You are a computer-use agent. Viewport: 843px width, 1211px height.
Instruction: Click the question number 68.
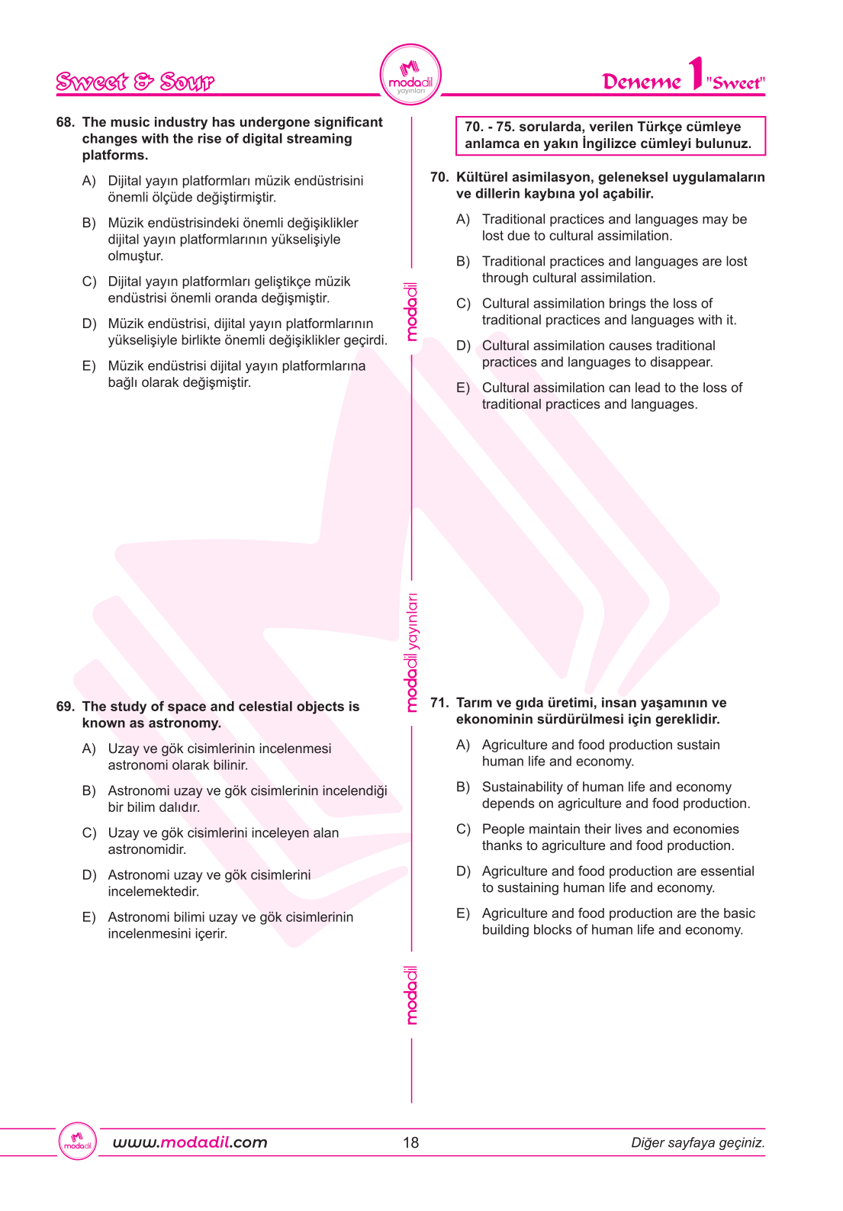click(x=65, y=122)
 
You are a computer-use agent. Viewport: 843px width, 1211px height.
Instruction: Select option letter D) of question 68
click(x=89, y=324)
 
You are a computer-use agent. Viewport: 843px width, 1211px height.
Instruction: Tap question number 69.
click(x=65, y=707)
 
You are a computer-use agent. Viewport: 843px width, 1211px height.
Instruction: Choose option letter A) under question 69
click(x=89, y=749)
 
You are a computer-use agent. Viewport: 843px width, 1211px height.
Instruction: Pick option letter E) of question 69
click(x=89, y=917)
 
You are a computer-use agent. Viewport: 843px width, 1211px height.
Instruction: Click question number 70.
click(x=439, y=177)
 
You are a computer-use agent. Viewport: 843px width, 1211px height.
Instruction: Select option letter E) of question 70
click(x=463, y=388)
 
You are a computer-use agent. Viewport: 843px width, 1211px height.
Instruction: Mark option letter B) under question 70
click(x=463, y=262)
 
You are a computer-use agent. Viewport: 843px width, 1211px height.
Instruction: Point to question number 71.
click(x=439, y=703)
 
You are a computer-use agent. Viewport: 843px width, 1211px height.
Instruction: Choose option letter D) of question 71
click(x=463, y=871)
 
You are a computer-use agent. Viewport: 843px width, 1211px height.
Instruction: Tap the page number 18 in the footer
click(x=411, y=1142)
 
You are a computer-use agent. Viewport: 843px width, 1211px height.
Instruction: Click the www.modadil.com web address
click(x=190, y=1142)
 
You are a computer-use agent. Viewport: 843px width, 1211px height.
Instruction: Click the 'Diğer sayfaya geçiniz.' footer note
click(x=697, y=1142)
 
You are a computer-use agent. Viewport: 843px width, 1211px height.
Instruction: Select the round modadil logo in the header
click(x=410, y=75)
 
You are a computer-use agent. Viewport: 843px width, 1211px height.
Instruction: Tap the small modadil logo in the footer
click(x=78, y=1142)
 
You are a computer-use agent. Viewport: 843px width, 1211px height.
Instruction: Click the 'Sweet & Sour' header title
click(x=135, y=82)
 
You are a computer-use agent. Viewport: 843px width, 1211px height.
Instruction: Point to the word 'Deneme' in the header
click(x=641, y=82)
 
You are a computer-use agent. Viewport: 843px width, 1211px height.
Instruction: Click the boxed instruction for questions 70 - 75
click(x=610, y=135)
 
